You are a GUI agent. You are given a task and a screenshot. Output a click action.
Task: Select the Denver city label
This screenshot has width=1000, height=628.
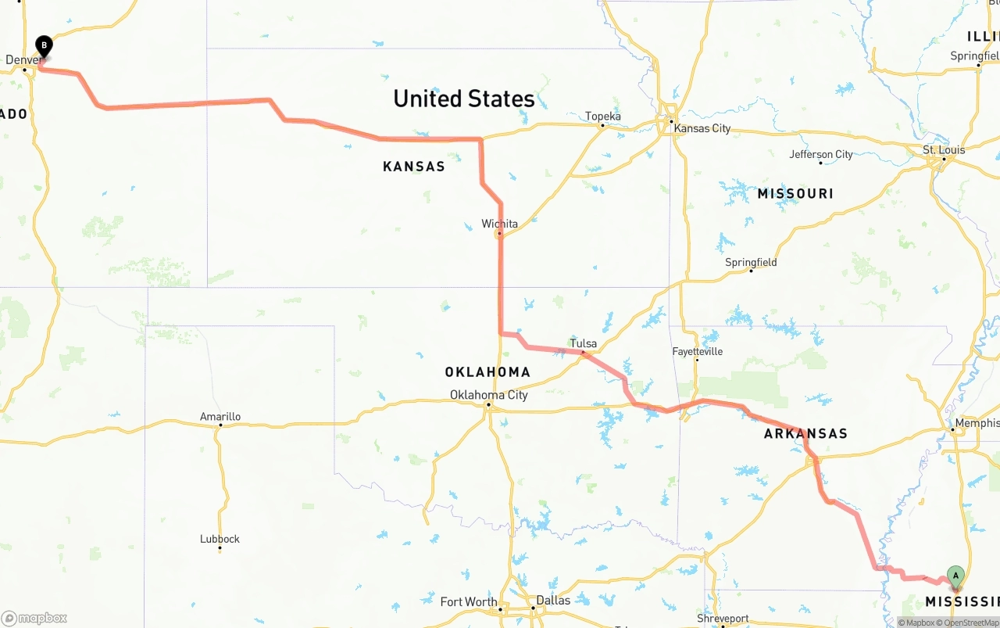24,59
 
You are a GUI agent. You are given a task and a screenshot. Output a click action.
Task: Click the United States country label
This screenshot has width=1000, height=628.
464,99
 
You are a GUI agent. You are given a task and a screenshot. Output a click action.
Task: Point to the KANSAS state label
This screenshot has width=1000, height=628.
414,167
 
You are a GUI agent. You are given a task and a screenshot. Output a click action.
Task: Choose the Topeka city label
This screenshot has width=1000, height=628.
603,117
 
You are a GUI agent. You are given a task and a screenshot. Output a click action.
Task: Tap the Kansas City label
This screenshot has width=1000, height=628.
702,128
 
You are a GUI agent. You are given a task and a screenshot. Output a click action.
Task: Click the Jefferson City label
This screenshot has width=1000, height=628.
821,154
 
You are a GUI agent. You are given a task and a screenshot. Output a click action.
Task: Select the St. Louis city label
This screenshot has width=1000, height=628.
944,149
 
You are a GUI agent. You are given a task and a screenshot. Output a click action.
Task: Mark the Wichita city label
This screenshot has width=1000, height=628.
499,224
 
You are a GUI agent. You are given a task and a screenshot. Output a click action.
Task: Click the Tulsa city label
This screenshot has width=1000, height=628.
584,343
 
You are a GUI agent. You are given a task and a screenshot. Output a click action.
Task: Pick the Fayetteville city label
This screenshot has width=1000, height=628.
698,352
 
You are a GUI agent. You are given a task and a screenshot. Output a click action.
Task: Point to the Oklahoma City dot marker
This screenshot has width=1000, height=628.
488,404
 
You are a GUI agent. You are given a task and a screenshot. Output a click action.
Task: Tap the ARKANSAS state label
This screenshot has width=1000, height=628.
805,434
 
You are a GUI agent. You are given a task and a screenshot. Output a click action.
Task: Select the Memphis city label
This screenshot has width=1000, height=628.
977,423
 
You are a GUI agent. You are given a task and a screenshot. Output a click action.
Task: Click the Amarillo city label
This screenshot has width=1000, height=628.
220,417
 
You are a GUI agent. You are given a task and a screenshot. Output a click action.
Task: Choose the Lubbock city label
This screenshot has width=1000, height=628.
220,539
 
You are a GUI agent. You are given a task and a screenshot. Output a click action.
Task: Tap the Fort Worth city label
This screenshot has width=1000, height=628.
469,601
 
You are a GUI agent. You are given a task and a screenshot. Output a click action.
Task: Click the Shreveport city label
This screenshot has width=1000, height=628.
723,619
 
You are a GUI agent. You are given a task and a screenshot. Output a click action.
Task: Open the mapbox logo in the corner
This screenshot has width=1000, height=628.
35,618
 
